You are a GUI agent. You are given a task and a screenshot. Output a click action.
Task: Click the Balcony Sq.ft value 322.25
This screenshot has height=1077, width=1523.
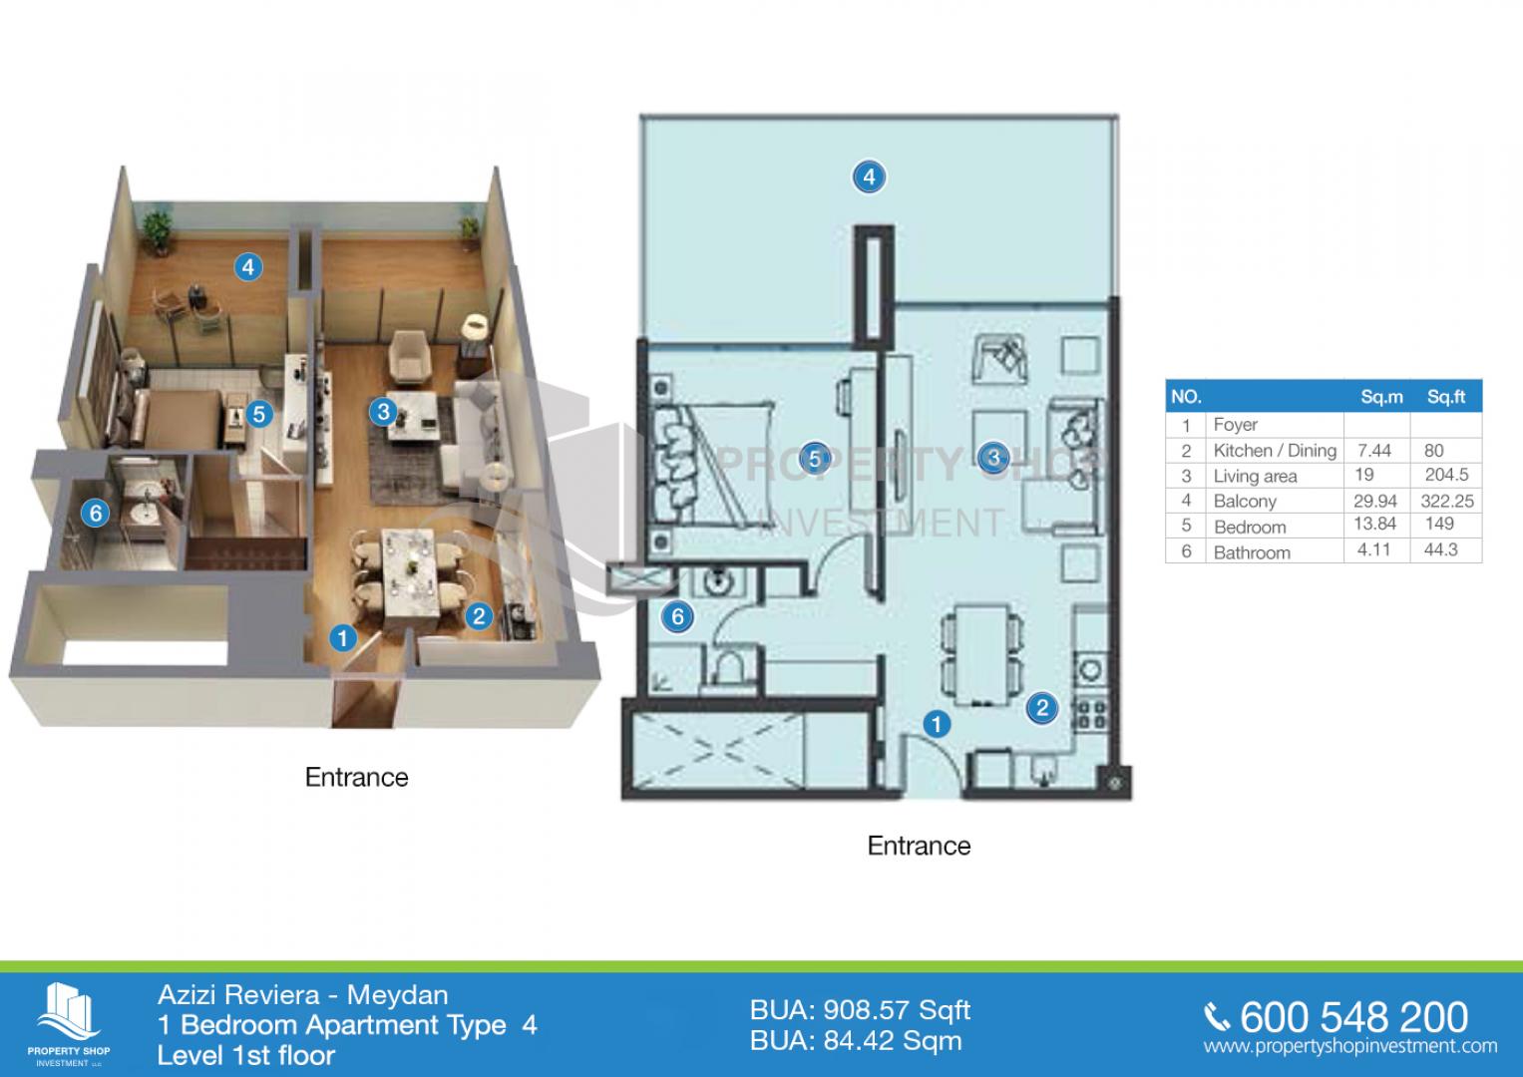[x=1447, y=501]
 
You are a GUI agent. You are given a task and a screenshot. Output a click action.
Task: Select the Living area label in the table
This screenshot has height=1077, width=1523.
[x=1255, y=476]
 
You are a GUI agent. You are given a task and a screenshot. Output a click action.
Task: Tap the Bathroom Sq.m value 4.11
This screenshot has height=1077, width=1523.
[x=1373, y=549]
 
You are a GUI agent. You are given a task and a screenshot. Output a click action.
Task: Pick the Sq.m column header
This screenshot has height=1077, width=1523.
[x=1381, y=397]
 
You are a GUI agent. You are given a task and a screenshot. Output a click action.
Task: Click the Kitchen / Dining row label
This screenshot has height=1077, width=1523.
[x=1275, y=450]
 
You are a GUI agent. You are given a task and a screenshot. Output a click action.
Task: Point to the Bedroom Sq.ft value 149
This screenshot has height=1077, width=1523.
[x=1439, y=524]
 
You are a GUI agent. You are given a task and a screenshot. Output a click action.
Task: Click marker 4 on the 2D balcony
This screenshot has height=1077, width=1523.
[x=869, y=177]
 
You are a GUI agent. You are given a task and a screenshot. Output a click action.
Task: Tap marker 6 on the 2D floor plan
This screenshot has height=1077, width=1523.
[x=677, y=616]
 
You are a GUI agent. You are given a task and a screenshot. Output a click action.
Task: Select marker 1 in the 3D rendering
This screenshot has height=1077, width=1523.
[x=343, y=638]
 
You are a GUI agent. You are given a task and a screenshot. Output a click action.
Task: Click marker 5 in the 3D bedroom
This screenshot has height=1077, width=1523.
[x=259, y=414]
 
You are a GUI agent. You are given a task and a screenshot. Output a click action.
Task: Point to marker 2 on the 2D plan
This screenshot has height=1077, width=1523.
[x=1041, y=708]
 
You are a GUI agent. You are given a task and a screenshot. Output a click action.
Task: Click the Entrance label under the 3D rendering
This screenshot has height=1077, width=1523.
[x=356, y=777]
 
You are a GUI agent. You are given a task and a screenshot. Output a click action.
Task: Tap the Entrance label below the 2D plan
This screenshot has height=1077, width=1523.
[x=919, y=846]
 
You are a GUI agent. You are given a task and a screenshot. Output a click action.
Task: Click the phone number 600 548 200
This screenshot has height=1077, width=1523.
[x=1353, y=1017]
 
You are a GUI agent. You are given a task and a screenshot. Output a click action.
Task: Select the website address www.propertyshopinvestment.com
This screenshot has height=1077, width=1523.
[x=1350, y=1047]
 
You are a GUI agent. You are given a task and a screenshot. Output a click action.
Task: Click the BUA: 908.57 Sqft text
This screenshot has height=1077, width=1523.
[x=860, y=1010]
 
